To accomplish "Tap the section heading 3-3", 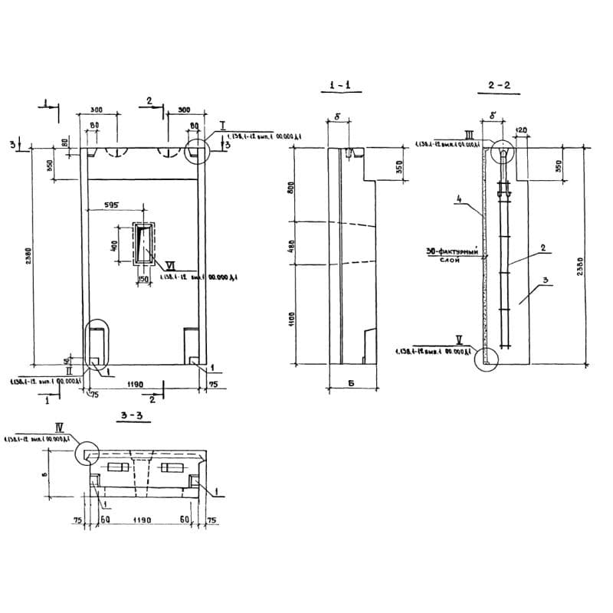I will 133,416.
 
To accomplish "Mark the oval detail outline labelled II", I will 97,344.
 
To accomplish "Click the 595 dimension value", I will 111,205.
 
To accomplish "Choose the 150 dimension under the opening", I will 143,279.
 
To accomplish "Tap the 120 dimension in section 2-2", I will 522,130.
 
